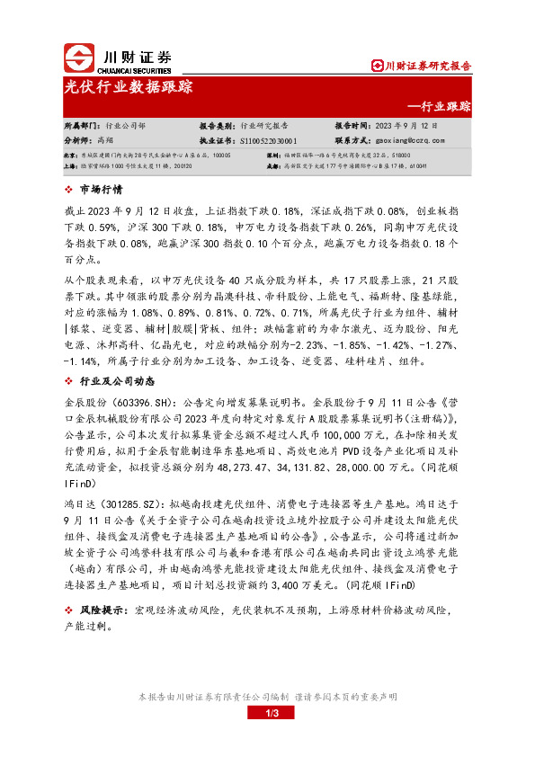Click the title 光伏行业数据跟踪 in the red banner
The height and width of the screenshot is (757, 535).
point(128,87)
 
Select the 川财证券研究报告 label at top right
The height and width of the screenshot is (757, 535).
point(426,65)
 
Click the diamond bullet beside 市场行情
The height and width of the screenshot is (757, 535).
point(70,190)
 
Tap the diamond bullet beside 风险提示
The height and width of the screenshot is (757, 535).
point(70,610)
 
